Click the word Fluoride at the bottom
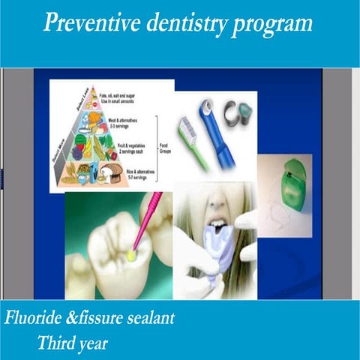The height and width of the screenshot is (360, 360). click(37, 317)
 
